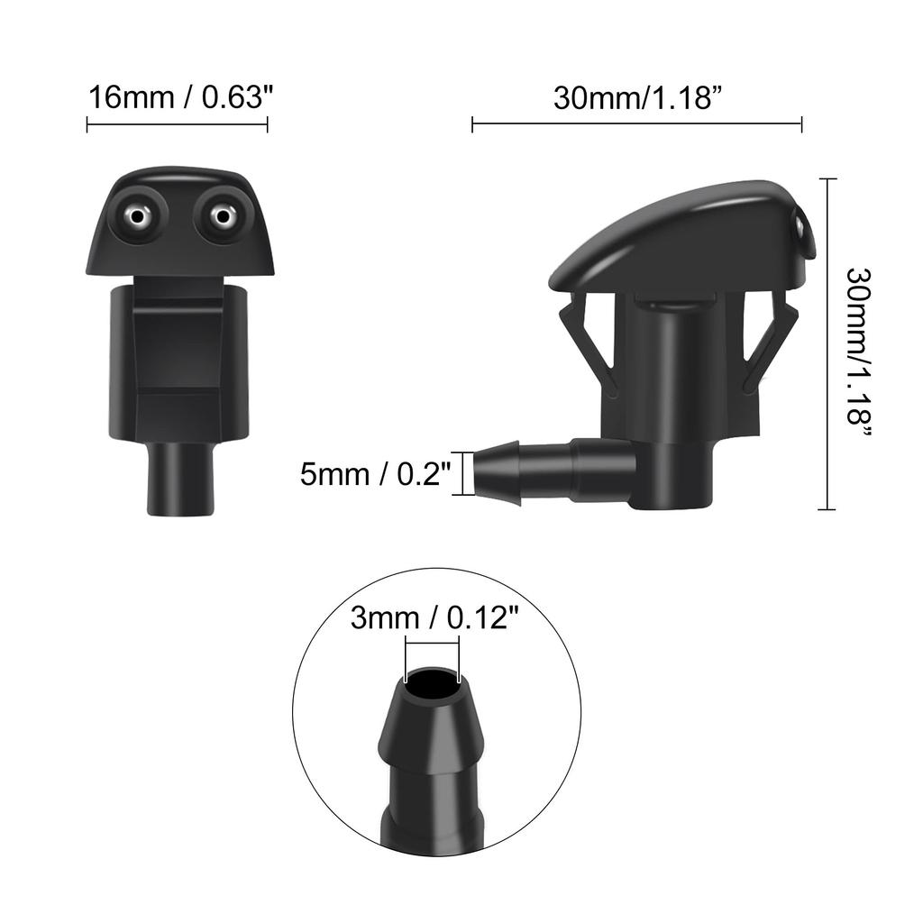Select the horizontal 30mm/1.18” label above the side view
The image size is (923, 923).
point(636,97)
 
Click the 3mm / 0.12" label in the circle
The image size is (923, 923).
point(434,619)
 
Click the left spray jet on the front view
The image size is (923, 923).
point(137,215)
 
